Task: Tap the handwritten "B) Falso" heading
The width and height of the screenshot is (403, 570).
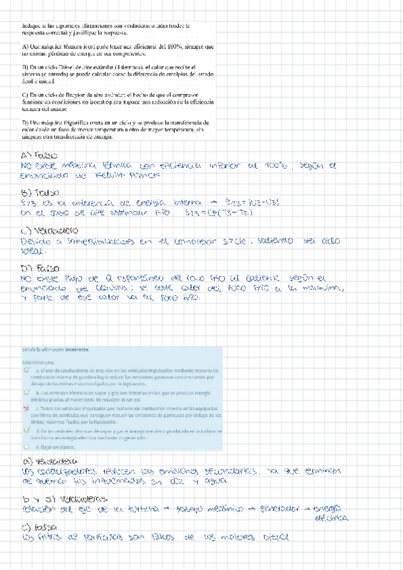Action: click(x=38, y=194)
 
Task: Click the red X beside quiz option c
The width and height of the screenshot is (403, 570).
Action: click(x=26, y=408)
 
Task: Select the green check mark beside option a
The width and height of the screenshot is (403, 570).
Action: click(x=26, y=370)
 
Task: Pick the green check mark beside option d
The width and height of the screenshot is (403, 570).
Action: click(x=26, y=430)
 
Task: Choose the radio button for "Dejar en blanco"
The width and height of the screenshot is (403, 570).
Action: click(x=26, y=445)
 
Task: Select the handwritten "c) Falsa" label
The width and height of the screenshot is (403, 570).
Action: click(x=38, y=527)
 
